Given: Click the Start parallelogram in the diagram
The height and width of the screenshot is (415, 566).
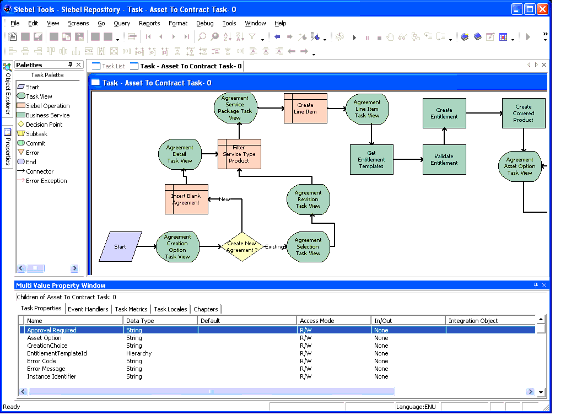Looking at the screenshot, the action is tap(120, 246).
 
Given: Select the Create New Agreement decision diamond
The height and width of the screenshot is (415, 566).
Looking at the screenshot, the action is tap(242, 247).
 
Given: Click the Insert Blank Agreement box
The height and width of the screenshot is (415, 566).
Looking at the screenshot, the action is tap(186, 199).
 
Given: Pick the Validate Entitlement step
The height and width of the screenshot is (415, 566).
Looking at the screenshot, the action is tap(444, 159).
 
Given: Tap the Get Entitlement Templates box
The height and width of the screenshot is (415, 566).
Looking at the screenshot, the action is tap(371, 159).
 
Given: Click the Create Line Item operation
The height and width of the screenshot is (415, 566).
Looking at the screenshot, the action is tap(305, 108).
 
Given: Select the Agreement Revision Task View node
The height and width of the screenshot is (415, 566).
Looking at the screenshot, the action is tap(308, 199).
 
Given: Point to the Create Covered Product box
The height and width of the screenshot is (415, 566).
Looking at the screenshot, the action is tap(524, 114).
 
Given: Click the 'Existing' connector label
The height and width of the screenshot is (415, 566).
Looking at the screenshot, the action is tap(274, 247).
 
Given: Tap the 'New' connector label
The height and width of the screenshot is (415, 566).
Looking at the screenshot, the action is tap(224, 199).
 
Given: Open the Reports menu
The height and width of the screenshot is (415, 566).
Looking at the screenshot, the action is tap(149, 23).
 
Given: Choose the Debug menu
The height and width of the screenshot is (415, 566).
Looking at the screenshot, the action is tap(204, 23).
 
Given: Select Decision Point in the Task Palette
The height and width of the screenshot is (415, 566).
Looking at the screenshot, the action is tap(44, 125).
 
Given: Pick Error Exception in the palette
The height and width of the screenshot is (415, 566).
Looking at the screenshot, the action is tap(46, 181).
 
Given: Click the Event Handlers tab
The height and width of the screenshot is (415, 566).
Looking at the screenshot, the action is tap(88, 309).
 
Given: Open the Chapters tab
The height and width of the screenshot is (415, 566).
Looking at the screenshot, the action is tap(206, 309).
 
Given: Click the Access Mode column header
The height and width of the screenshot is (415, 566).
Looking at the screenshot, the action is tap(317, 320).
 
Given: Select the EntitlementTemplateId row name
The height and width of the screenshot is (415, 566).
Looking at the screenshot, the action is tap(57, 353).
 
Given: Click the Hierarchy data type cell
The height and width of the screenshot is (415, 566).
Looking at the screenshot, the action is tap(139, 353).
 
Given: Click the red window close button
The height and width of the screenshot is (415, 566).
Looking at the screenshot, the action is tap(542, 9).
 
